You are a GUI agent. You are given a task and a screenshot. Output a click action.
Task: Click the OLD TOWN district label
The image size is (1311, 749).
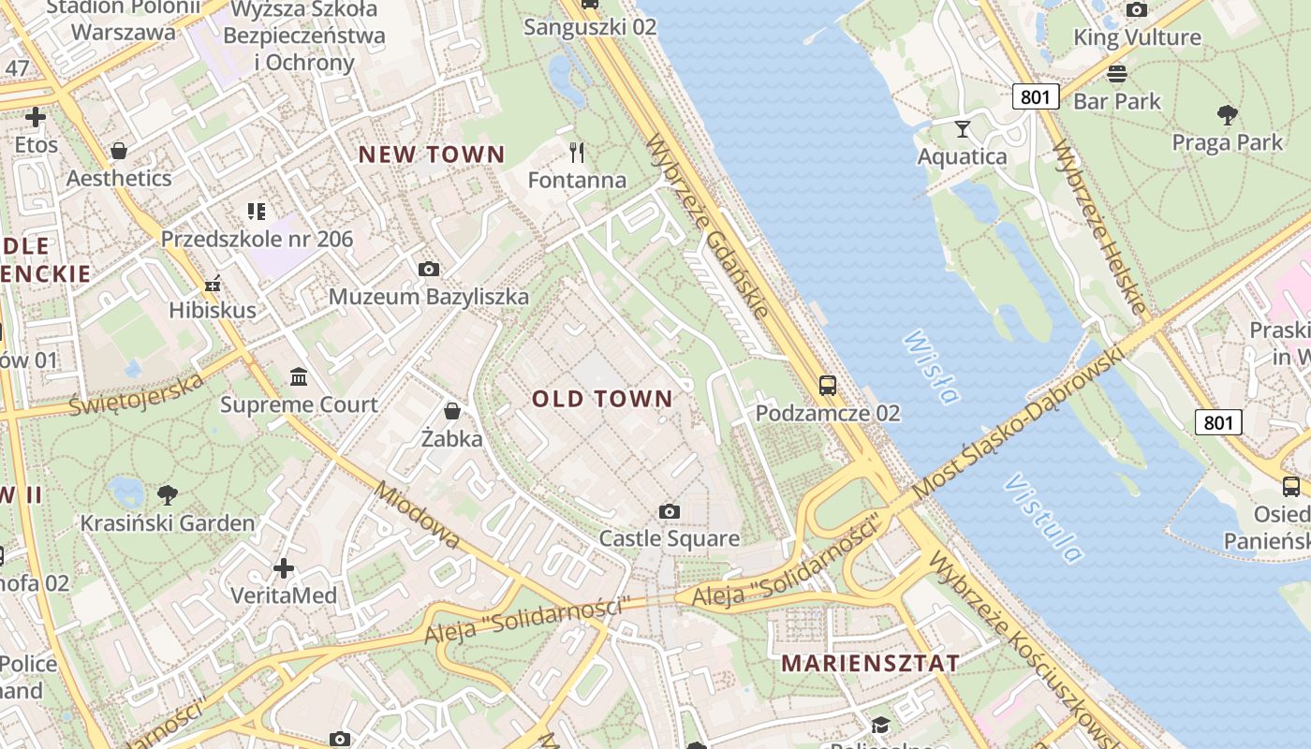click(602, 399)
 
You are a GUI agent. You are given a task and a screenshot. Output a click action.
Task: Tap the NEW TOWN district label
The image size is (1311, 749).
click(432, 154)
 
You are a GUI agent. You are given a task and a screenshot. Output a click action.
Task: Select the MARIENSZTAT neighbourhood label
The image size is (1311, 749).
click(870, 663)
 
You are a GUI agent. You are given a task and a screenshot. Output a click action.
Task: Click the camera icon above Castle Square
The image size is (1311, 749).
click(669, 511)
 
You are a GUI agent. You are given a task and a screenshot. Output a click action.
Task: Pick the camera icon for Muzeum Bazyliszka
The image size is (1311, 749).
click(428, 270)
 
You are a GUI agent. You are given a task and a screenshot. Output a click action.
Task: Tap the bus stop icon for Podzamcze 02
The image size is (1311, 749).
click(827, 385)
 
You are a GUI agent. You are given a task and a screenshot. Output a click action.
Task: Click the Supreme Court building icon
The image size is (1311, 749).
click(299, 377)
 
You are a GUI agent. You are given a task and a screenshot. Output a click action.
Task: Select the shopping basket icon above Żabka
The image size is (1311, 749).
click(451, 411)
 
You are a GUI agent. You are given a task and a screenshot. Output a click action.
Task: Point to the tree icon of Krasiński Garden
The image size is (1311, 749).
click(168, 494)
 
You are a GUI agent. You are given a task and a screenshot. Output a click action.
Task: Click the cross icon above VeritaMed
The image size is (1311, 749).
click(283, 568)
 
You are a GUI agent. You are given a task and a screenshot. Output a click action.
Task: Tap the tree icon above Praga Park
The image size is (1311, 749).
click(1227, 115)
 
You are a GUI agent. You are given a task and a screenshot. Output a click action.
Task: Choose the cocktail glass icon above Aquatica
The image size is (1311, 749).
click(962, 129)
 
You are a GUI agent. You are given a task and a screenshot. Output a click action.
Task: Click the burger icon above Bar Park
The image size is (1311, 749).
click(1116, 74)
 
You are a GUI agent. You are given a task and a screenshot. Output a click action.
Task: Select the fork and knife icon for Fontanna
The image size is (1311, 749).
click(577, 152)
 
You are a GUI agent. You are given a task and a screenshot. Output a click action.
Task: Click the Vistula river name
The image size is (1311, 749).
click(1043, 519)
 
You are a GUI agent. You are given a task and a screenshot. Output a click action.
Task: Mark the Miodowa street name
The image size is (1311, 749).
click(418, 515)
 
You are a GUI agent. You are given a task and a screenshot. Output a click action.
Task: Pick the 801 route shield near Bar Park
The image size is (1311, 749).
click(1035, 95)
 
